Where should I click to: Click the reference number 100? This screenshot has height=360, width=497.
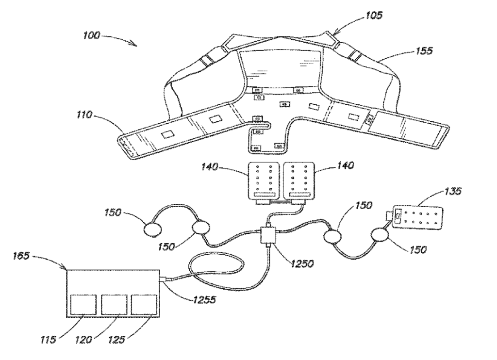pos(92,35)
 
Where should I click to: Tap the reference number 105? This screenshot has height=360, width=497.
pos(374,15)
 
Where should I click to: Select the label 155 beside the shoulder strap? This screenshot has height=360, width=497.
pos(424,51)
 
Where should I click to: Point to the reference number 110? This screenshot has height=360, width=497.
pos(84,115)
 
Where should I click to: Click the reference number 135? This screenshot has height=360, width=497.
pos(453,192)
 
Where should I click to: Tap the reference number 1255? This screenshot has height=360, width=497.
pos(204,299)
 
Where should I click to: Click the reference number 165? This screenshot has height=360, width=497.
pos(21,256)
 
